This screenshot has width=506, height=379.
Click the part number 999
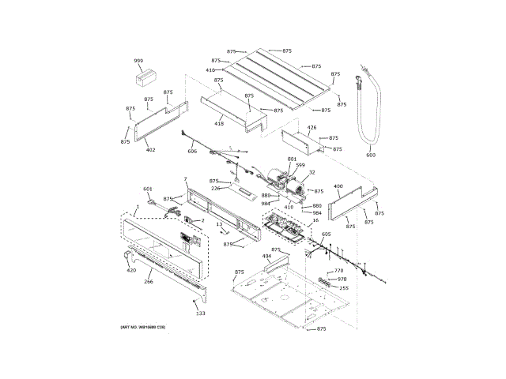tap(138, 61)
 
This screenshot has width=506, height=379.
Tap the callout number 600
tap(371, 155)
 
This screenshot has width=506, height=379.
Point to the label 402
tap(150, 149)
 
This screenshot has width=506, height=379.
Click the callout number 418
tap(219, 123)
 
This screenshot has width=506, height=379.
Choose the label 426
tap(312, 127)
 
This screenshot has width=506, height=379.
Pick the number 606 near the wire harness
tap(192, 151)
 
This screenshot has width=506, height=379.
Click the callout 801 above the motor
tap(292, 159)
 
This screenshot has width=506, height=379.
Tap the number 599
tap(300, 165)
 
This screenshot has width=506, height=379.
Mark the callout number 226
tap(215, 188)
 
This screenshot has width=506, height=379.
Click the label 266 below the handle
tap(148, 281)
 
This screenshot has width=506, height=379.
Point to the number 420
tap(131, 271)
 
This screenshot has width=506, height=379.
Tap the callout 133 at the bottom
tap(200, 313)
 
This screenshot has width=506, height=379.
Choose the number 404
tap(266, 257)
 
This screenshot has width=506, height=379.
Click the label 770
tap(338, 271)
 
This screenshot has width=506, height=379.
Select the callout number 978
tap(342, 279)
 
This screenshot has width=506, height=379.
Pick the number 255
tap(344, 287)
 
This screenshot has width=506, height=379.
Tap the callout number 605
tap(326, 235)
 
